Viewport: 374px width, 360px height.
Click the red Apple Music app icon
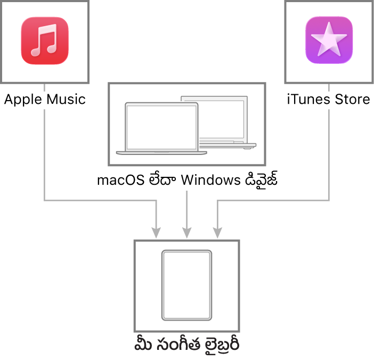[45, 40]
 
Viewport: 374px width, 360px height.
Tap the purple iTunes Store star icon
[329, 40]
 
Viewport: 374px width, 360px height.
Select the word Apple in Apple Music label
[23, 100]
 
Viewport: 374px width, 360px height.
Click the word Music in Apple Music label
[66, 99]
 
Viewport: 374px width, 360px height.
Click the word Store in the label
[353, 99]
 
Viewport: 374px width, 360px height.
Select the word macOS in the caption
[121, 180]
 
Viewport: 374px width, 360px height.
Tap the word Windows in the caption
[211, 180]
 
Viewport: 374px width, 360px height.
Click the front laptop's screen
[162, 127]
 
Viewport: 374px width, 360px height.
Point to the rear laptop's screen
[222, 119]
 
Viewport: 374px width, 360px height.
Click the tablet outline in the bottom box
[187, 285]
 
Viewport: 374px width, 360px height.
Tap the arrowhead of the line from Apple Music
[156, 233]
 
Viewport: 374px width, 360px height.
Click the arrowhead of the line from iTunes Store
[217, 233]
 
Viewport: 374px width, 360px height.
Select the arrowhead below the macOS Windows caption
[187, 233]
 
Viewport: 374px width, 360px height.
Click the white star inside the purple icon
[329, 39]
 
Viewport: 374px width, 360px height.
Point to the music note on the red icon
[44, 40]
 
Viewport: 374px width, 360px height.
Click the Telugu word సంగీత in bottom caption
[178, 345]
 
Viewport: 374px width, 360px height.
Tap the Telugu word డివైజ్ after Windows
[262, 179]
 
